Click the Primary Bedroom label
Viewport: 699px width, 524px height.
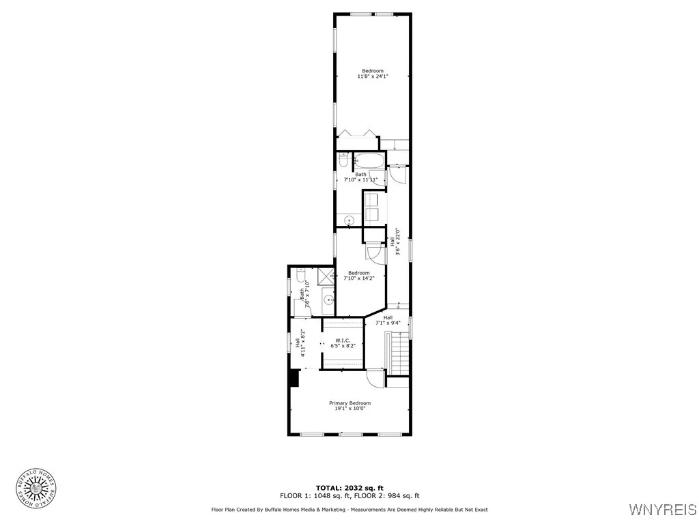point(350,403)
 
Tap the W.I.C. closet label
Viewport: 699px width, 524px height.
point(343,340)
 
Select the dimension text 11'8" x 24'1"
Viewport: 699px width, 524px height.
point(373,76)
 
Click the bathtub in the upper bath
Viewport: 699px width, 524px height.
point(369,162)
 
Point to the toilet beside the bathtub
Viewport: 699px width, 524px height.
point(343,160)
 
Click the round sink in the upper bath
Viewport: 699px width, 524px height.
point(349,220)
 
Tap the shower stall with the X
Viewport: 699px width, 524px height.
point(326,276)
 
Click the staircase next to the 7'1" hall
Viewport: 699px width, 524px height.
point(398,353)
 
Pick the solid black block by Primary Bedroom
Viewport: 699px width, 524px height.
point(294,378)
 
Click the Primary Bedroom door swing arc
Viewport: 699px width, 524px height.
point(375,378)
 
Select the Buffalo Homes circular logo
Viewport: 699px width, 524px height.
point(35,488)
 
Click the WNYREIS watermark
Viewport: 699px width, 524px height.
point(661,509)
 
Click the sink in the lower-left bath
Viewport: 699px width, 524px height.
point(328,299)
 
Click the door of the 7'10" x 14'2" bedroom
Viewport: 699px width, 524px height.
point(376,252)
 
